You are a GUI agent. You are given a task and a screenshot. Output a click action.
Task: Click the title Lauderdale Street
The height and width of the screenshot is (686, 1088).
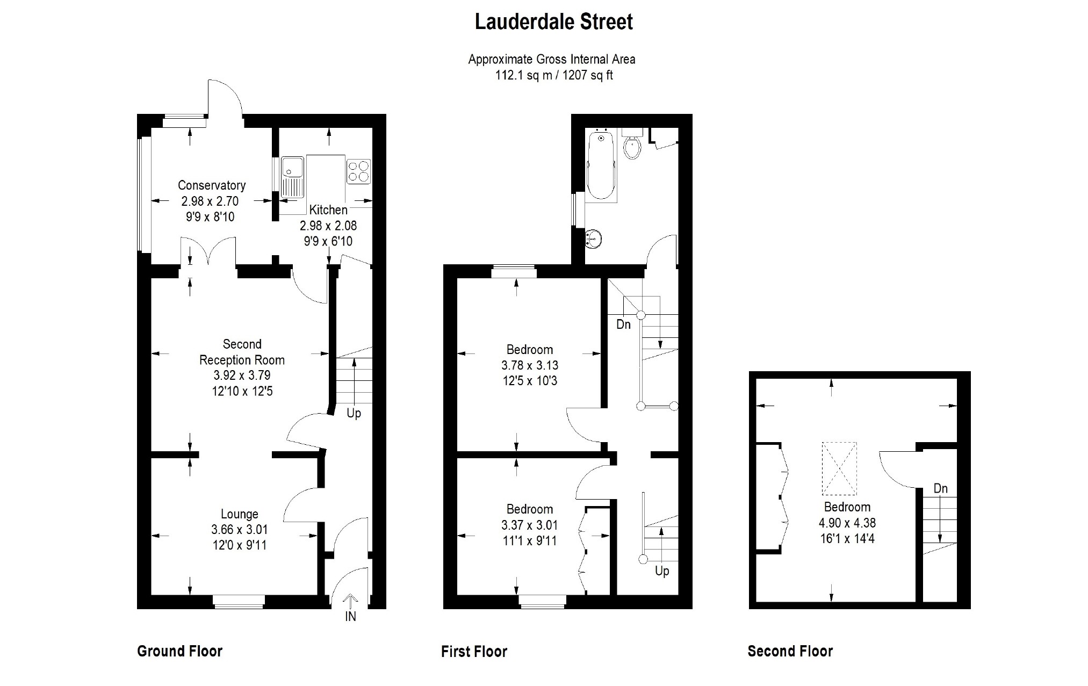pyautogui.click(x=554, y=22)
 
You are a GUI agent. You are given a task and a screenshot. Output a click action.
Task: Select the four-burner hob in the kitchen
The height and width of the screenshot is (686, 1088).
pyautogui.click(x=358, y=171)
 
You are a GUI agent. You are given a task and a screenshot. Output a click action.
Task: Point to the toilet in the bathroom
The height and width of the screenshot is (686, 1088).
pyautogui.click(x=632, y=146)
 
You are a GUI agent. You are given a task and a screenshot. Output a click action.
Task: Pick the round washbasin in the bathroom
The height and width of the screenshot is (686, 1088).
pyautogui.click(x=593, y=239)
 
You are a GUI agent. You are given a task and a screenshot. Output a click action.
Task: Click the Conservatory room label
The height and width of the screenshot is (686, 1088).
pyautogui.click(x=212, y=185)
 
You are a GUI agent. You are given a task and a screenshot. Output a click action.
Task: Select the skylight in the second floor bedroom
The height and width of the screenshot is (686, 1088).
pyautogui.click(x=839, y=468)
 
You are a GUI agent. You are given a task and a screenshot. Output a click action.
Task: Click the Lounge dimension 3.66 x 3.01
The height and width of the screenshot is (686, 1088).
pyautogui.click(x=239, y=530)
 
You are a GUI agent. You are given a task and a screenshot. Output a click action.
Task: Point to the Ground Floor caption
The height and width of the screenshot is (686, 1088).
pyautogui.click(x=179, y=651)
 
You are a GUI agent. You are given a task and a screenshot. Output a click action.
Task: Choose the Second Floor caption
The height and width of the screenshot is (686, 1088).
pyautogui.click(x=790, y=651)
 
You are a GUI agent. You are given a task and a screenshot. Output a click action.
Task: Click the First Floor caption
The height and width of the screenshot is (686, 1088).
pyautogui.click(x=474, y=652)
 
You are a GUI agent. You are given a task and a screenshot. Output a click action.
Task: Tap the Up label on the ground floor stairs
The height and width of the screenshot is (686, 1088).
pyautogui.click(x=354, y=413)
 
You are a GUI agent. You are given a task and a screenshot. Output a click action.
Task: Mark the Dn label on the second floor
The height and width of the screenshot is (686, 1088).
pyautogui.click(x=940, y=488)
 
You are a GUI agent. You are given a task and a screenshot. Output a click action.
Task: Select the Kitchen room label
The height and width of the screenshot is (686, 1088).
pyautogui.click(x=328, y=210)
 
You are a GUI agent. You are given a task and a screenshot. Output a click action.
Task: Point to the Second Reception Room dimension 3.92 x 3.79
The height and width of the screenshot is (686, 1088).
pyautogui.click(x=242, y=376)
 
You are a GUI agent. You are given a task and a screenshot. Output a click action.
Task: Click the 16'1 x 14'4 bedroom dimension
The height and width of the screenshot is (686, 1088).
pyautogui.click(x=847, y=538)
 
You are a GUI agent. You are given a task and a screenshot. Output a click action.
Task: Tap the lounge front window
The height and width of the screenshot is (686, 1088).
pyautogui.click(x=239, y=602)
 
